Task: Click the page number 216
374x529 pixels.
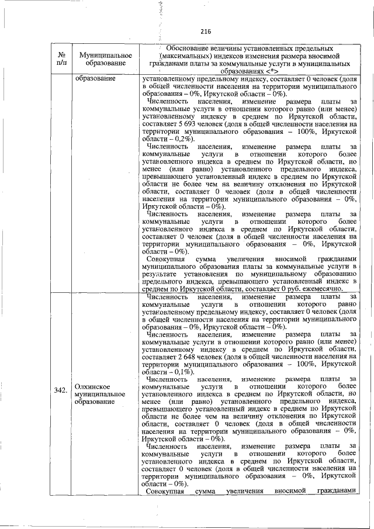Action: [205, 32]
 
